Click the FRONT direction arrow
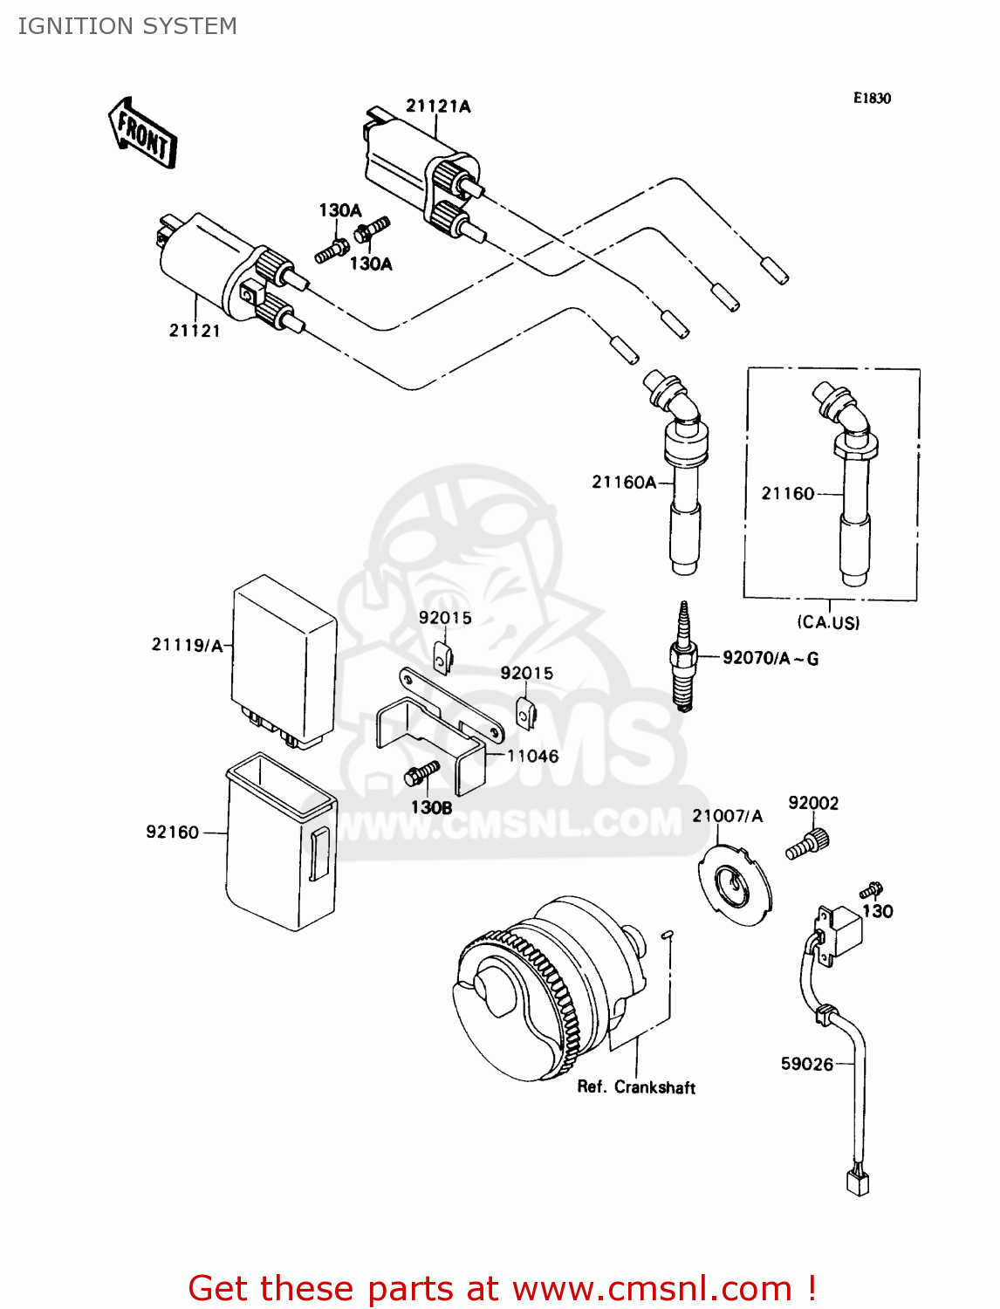(x=142, y=133)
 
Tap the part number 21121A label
(x=438, y=106)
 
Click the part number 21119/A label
(x=187, y=645)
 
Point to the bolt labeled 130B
(x=421, y=774)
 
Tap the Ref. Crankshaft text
(x=636, y=1087)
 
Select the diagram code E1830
(x=872, y=99)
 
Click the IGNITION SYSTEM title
(x=127, y=26)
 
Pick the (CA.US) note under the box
(x=828, y=623)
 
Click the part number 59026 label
(x=806, y=1064)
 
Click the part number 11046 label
(x=532, y=756)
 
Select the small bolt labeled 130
(x=871, y=890)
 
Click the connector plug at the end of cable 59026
(x=858, y=1182)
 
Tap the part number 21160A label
(x=623, y=482)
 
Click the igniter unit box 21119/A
(x=284, y=659)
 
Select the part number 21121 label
(x=195, y=331)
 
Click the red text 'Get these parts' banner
(x=502, y=1289)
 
